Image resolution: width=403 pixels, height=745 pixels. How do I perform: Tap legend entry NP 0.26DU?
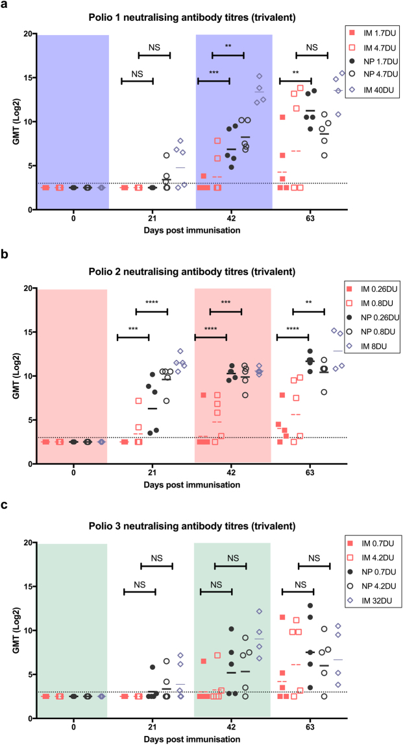click(378, 318)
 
